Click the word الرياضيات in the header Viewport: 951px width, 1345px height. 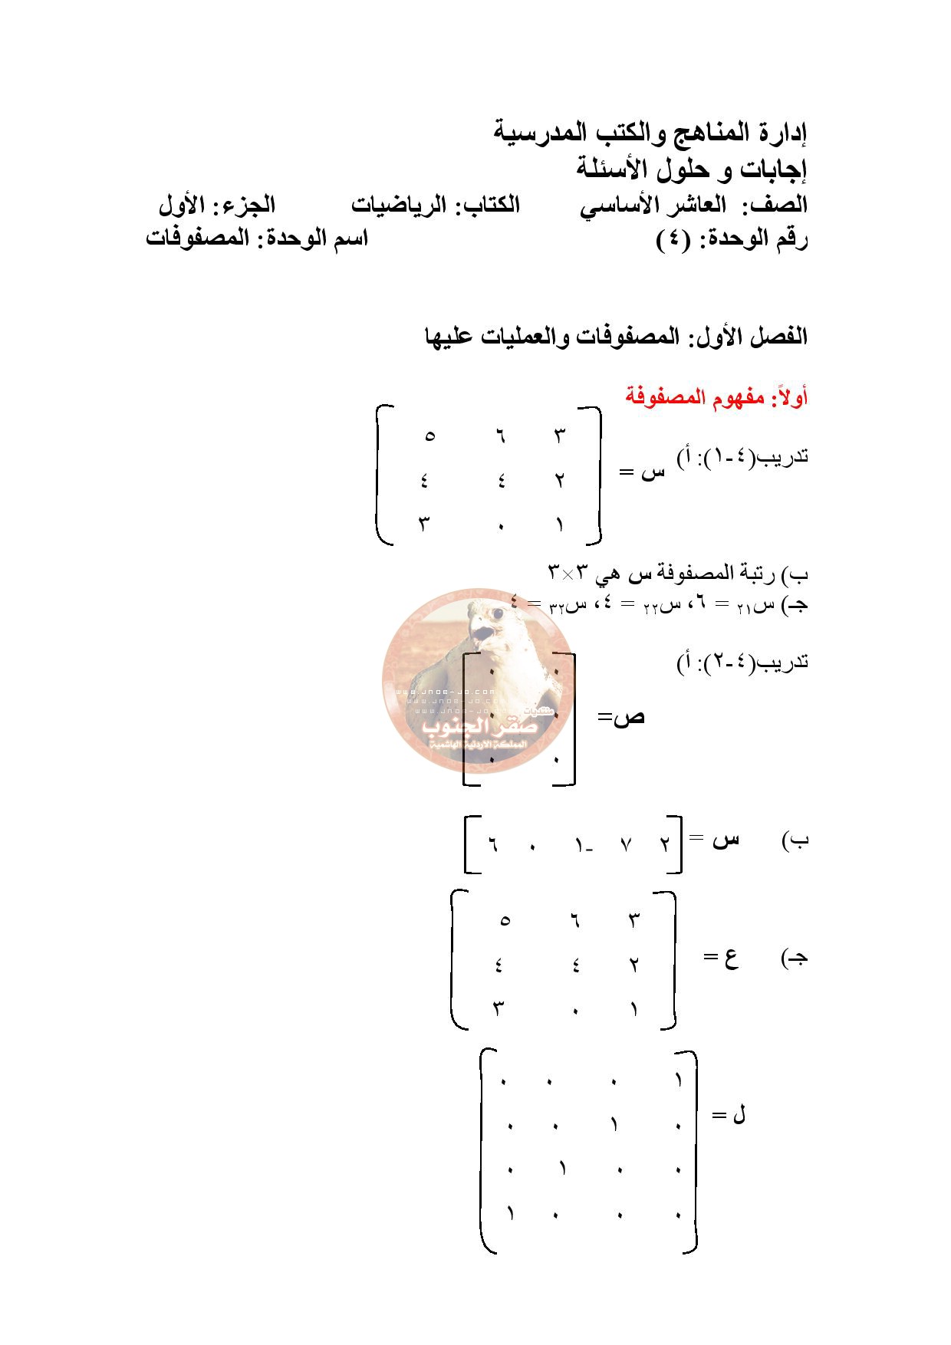pyautogui.click(x=398, y=206)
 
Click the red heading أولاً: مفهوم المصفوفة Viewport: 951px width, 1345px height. pyautogui.click(x=716, y=398)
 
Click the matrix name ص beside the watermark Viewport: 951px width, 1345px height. pyautogui.click(x=630, y=718)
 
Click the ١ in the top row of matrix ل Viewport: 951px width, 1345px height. pyautogui.click(x=678, y=1082)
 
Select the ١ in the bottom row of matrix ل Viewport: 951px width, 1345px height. pyautogui.click(x=509, y=1215)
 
